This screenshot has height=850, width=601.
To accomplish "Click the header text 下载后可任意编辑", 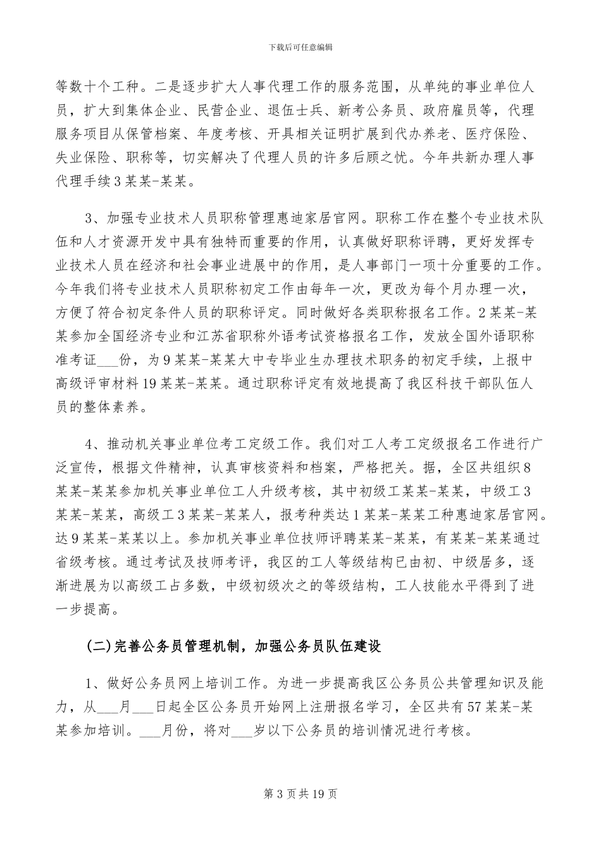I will pos(300,47).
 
